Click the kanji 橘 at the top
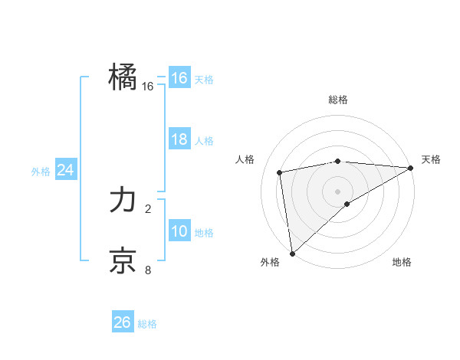click(x=123, y=77)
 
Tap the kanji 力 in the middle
click(x=123, y=201)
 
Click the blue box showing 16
click(x=179, y=78)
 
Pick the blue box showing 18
click(x=179, y=140)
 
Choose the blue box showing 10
click(x=179, y=232)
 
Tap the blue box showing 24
click(x=66, y=171)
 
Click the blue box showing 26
click(x=123, y=322)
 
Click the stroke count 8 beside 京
click(x=148, y=269)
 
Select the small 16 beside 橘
click(x=148, y=87)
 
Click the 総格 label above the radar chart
click(x=338, y=100)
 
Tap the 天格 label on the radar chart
click(x=431, y=159)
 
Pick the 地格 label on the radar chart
click(x=402, y=262)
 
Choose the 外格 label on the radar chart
click(x=270, y=262)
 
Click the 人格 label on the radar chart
click(x=245, y=159)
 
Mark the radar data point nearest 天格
click(x=410, y=168)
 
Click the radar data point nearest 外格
click(x=292, y=254)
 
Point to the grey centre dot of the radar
click(x=338, y=191)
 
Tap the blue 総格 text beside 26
click(x=147, y=324)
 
